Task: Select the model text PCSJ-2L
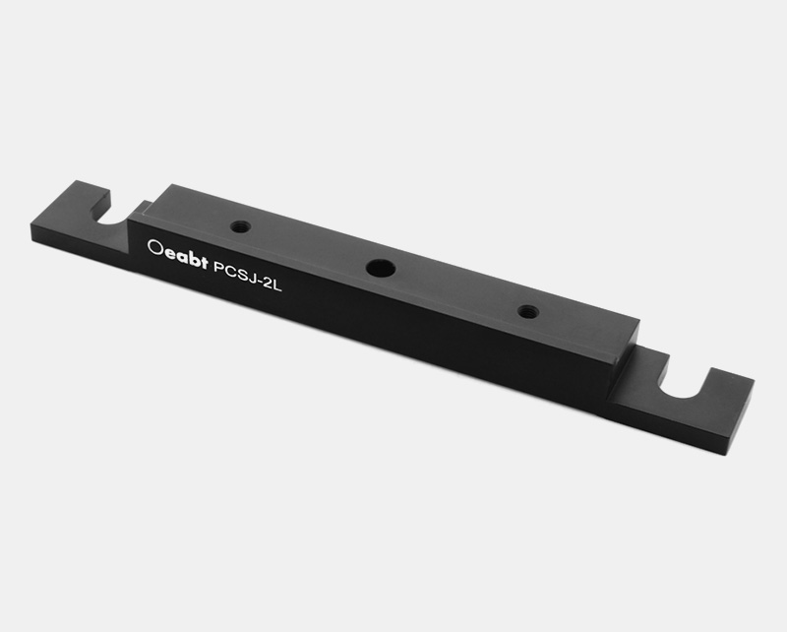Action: [248, 276]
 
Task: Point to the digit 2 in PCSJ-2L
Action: [267, 284]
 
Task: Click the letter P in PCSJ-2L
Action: [218, 267]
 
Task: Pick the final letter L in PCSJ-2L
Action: [277, 285]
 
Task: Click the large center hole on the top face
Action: [380, 267]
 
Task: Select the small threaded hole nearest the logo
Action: [241, 226]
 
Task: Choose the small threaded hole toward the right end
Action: [528, 311]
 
